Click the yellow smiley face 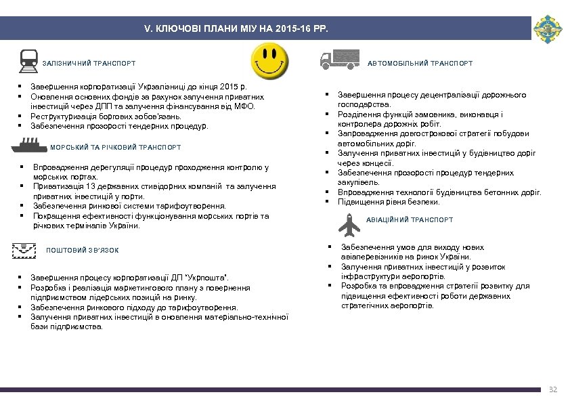click(x=270, y=62)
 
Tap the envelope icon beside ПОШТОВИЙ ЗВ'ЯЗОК click(x=24, y=250)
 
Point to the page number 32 click(x=552, y=389)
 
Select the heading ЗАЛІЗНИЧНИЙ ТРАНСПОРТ click(x=89, y=64)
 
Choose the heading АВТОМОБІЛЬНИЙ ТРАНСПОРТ click(x=420, y=64)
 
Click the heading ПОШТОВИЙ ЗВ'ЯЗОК click(x=82, y=251)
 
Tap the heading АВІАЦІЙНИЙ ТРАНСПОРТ click(x=410, y=220)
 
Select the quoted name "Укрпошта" click(x=209, y=278)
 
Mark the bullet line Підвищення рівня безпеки click(x=389, y=202)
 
